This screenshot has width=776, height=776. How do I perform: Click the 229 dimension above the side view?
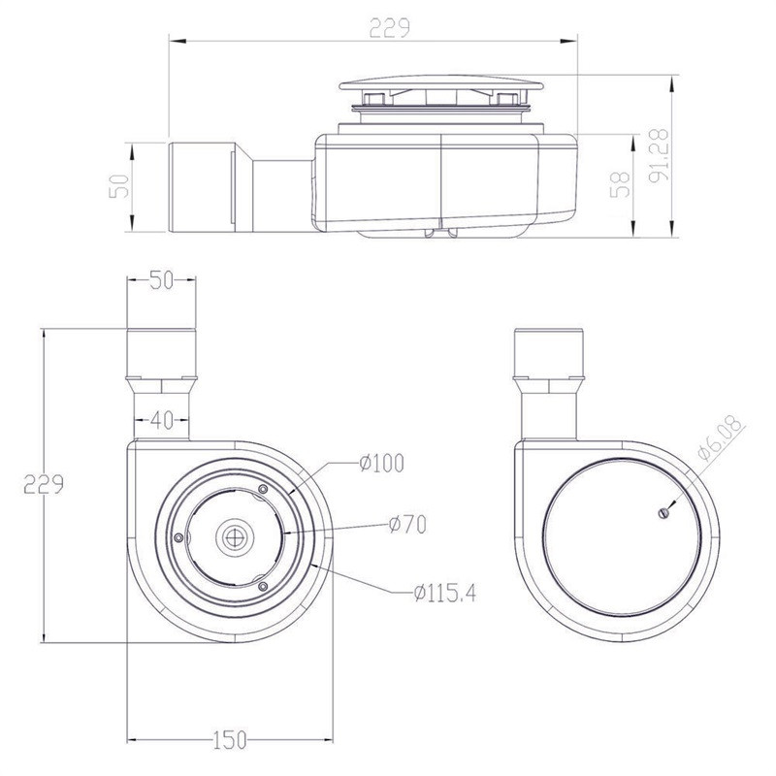(x=390, y=28)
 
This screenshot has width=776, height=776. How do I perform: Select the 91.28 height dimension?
(x=659, y=155)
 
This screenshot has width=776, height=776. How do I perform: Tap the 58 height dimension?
(x=620, y=184)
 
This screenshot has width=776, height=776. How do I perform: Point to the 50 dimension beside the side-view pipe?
(x=118, y=186)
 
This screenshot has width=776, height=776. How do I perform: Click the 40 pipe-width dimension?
(x=162, y=421)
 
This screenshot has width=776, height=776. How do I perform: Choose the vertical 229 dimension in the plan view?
(x=44, y=484)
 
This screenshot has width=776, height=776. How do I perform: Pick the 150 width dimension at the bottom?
(x=230, y=740)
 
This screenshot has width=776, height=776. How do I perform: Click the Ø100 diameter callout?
(x=381, y=464)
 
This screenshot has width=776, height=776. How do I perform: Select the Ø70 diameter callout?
(x=406, y=525)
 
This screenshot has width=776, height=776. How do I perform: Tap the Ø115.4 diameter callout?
(x=445, y=593)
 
